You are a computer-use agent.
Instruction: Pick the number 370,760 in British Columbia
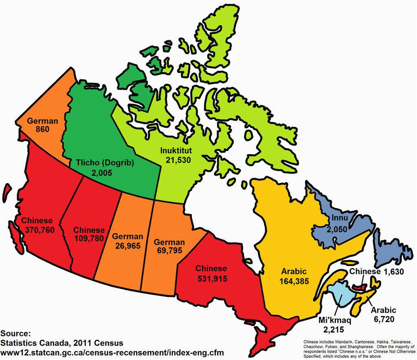coord(37,230)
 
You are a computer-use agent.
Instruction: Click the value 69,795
coord(169,251)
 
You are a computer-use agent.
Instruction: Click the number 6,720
coord(383,319)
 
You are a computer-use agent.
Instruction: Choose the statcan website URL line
coord(112,352)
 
